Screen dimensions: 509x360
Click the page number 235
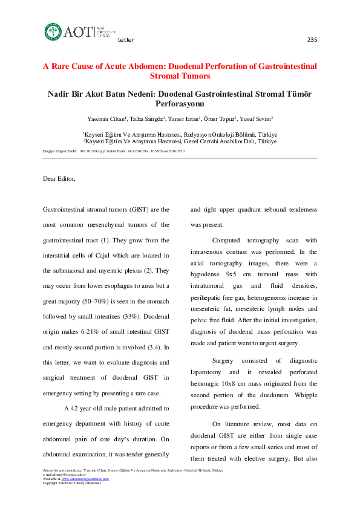pyautogui.click(x=312, y=40)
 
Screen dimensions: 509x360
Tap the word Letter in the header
pyautogui.click(x=126, y=40)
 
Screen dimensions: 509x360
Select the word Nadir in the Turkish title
pyautogui.click(x=61, y=94)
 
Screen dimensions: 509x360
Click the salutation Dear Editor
pyautogui.click(x=59, y=178)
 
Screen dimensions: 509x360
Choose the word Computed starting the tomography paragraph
pyautogui.click(x=226, y=240)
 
